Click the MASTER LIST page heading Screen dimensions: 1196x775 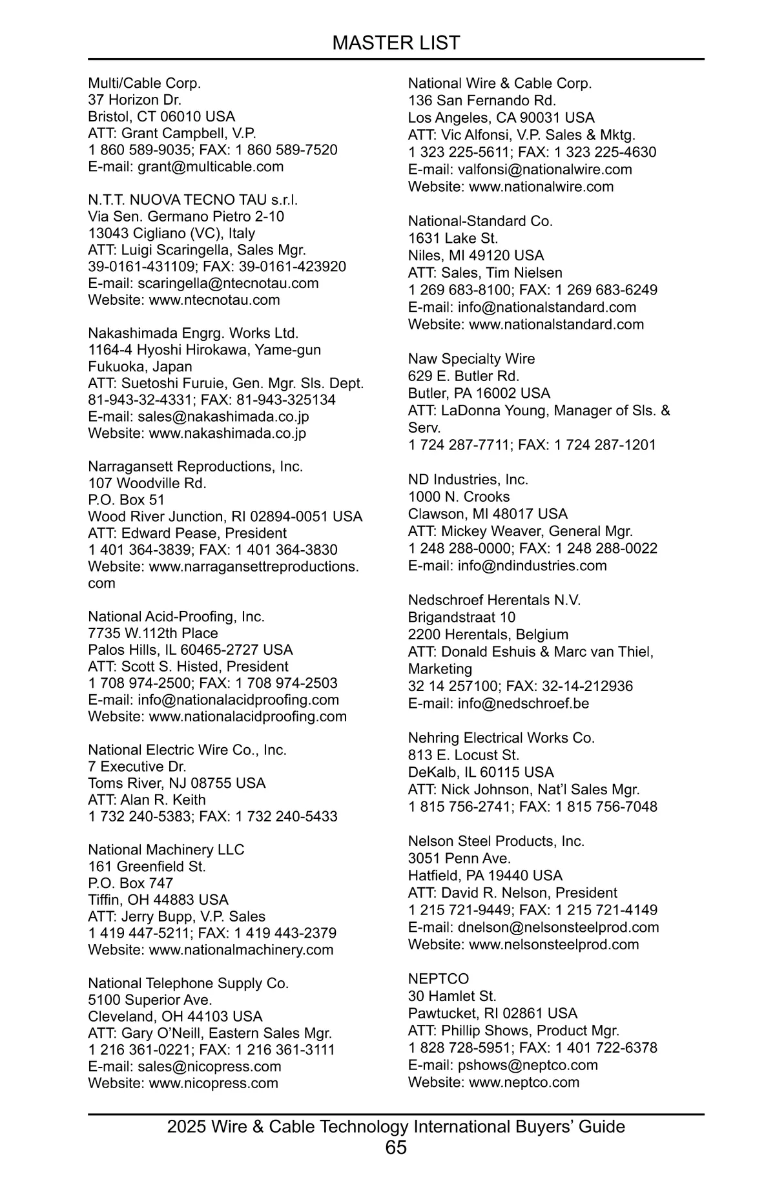pyautogui.click(x=396, y=43)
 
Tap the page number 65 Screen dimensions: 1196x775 pyautogui.click(x=396, y=1147)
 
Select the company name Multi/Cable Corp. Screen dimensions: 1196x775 pyautogui.click(x=145, y=83)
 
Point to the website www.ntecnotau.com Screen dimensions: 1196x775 pyautogui.click(x=214, y=300)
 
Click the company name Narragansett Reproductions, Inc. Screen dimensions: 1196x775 pyautogui.click(x=195, y=466)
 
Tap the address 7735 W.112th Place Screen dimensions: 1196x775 pyautogui.click(x=153, y=633)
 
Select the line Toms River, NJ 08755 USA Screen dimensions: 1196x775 pyautogui.click(x=177, y=783)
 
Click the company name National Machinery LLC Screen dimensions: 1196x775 pyautogui.click(x=166, y=849)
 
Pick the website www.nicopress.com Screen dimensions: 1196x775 pyautogui.click(x=213, y=1083)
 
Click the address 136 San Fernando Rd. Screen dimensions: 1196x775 pyautogui.click(x=482, y=101)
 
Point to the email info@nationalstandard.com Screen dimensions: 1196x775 pyautogui.click(x=547, y=307)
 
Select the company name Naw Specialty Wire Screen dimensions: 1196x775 pyautogui.click(x=471, y=359)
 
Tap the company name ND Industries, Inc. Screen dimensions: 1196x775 pyautogui.click(x=468, y=479)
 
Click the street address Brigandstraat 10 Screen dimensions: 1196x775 pyautogui.click(x=462, y=617)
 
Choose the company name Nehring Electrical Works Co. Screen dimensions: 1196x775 pyautogui.click(x=501, y=737)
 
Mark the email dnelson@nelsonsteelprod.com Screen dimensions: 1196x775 pyautogui.click(x=559, y=927)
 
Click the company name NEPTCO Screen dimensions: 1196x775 pyautogui.click(x=439, y=979)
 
